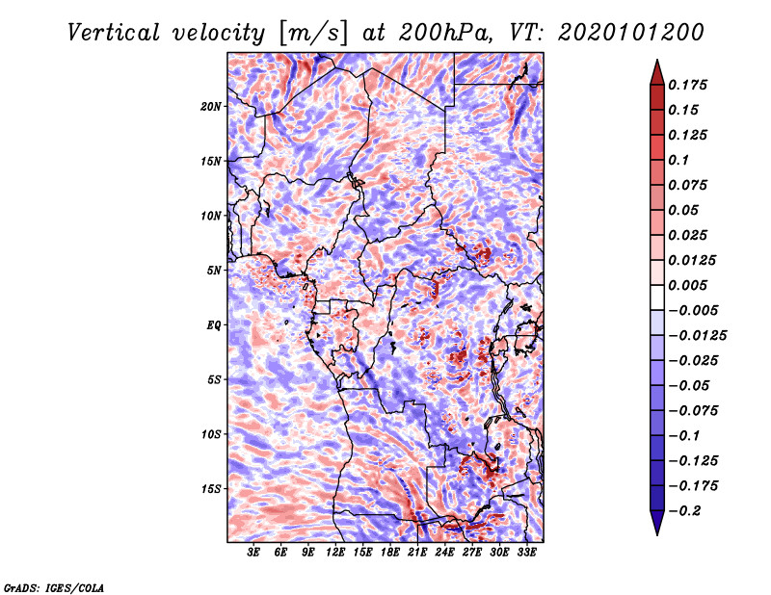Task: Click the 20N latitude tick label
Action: pyautogui.click(x=211, y=107)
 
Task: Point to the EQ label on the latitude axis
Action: pyautogui.click(x=214, y=325)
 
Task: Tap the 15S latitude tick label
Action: pyautogui.click(x=211, y=489)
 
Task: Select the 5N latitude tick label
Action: pyautogui.click(x=214, y=271)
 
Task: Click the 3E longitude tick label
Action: pyautogui.click(x=253, y=552)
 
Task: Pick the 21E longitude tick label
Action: pyautogui.click(x=417, y=552)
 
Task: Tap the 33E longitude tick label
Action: pyautogui.click(x=526, y=552)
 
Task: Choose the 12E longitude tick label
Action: pyautogui.click(x=334, y=552)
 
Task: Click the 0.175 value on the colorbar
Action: pyautogui.click(x=687, y=85)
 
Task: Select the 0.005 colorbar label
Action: pyautogui.click(x=687, y=285)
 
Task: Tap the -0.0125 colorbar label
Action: pyautogui.click(x=697, y=336)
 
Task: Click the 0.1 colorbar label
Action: pyautogui.click(x=678, y=160)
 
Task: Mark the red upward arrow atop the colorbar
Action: pyautogui.click(x=657, y=72)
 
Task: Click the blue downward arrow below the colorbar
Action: pyautogui.click(x=657, y=523)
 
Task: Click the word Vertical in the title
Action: pyautogui.click(x=114, y=33)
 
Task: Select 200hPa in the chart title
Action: pyautogui.click(x=445, y=33)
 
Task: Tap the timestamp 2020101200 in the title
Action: pyautogui.click(x=631, y=33)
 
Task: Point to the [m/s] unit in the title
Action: pyautogui.click(x=313, y=34)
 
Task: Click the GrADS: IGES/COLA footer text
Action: pyautogui.click(x=54, y=588)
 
